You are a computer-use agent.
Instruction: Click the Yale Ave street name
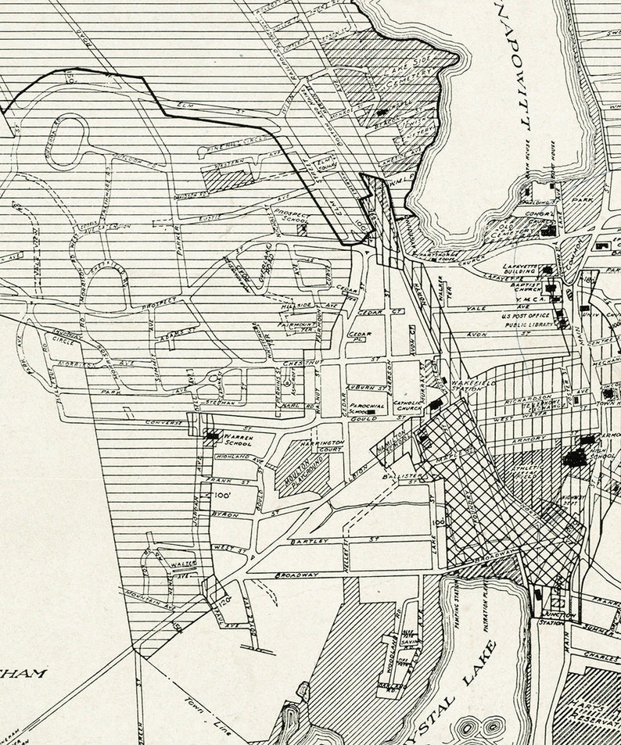477,309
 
